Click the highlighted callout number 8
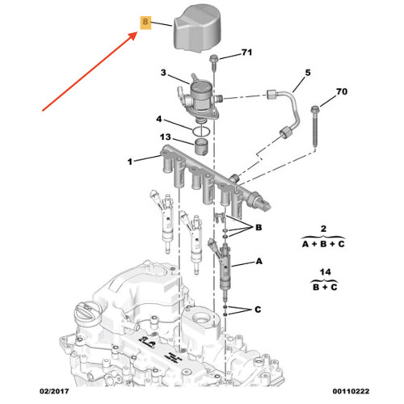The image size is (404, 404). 145,22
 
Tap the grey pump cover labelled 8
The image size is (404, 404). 197,29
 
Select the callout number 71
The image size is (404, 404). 246,53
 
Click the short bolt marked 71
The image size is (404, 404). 214,63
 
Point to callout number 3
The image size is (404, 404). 163,73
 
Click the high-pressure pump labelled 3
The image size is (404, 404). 200,99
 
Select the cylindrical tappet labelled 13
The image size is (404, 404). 201,146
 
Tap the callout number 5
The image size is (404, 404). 308,73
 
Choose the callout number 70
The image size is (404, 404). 342,91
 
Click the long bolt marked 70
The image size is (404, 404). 315,127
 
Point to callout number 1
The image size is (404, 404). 130,162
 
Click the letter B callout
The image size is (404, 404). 259,228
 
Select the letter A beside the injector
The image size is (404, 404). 259,261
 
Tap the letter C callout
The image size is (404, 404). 258,309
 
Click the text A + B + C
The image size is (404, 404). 323,244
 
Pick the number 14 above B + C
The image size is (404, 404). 325,272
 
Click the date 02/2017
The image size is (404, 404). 54,391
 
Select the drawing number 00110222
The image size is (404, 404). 351,391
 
